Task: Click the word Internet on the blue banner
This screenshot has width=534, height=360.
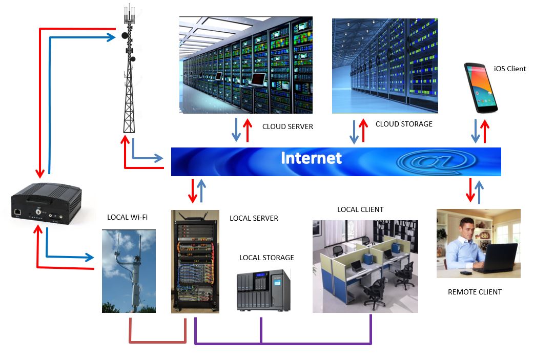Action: point(311,158)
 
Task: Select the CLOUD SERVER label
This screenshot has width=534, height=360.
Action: point(287,126)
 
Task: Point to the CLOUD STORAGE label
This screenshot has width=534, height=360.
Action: point(404,124)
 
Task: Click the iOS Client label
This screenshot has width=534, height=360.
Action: point(510,69)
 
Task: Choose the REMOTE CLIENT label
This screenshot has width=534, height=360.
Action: point(475,292)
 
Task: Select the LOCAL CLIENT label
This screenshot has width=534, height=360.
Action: point(360,209)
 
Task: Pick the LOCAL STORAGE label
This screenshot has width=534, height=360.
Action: point(266,258)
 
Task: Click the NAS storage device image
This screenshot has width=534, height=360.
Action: point(263,290)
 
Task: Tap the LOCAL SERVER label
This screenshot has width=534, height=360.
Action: point(254,218)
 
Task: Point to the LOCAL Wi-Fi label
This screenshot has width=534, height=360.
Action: point(127,217)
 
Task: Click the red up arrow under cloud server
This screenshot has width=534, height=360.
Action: point(248,130)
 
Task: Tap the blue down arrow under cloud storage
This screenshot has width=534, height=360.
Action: point(354,132)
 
